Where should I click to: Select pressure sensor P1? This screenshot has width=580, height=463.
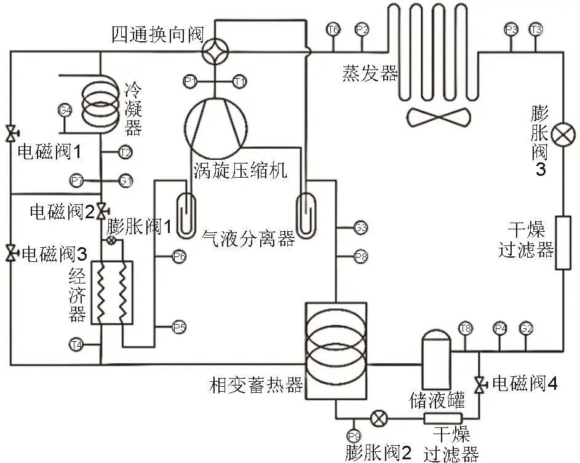tap(190, 81)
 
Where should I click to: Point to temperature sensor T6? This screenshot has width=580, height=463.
tap(333, 30)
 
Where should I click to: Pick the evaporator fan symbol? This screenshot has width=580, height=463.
tap(438, 116)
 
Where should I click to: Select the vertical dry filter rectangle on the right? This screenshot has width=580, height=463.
tap(563, 243)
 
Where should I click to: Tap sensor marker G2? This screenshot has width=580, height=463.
tap(525, 328)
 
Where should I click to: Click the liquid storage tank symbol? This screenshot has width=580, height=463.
tap(435, 356)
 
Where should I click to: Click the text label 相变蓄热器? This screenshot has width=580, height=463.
tap(256, 386)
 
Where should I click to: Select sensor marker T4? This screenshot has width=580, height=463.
tap(76, 344)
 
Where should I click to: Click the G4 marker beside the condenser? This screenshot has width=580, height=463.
tap(65, 111)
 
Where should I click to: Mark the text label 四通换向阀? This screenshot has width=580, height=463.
tap(157, 34)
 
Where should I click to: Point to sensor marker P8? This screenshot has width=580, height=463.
tap(361, 256)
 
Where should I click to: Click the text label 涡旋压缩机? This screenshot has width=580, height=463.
tap(240, 170)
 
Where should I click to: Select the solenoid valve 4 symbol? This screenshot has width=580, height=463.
tap(479, 384)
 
